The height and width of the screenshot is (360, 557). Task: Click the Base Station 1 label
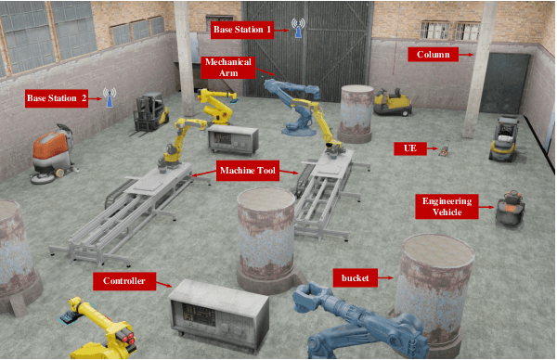coord(242,30)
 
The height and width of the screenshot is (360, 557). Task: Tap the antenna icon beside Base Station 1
coord(298,28)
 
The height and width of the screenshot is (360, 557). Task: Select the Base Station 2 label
coord(57,98)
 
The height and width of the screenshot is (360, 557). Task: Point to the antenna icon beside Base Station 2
coord(110,97)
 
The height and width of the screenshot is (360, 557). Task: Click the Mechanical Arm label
coord(228,67)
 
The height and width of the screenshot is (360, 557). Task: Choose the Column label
coord(433,55)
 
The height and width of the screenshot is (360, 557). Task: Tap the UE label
coord(410,148)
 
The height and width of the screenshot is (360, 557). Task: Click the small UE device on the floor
coord(444,148)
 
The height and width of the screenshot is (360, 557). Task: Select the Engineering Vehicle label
coord(447,206)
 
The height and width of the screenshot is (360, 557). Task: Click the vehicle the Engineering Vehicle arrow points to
coord(511,208)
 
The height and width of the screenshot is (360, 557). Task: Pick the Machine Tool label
coord(248,171)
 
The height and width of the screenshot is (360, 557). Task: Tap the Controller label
coord(124,281)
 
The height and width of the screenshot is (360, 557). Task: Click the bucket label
coord(355,278)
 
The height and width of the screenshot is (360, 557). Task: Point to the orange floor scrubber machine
coord(53,154)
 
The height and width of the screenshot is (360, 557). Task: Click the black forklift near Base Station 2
coord(150,113)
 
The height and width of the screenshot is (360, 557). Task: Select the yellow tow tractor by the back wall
coord(393,101)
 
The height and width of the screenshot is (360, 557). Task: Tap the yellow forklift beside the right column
coord(504,138)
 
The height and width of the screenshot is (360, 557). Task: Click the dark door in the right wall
coord(504,84)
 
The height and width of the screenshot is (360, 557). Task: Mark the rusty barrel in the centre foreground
coord(266,239)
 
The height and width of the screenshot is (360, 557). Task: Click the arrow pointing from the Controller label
coord(163,284)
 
